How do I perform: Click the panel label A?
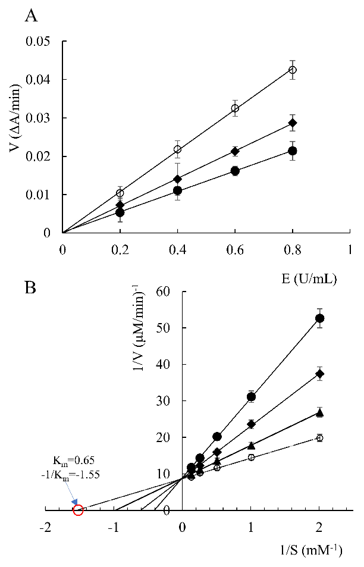31,16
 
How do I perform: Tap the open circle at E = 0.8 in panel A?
292,70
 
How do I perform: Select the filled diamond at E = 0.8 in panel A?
292,123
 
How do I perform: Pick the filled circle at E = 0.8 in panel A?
292,151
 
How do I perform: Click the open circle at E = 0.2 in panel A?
120,193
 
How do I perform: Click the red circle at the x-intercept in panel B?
78,510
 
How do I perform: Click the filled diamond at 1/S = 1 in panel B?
251,424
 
